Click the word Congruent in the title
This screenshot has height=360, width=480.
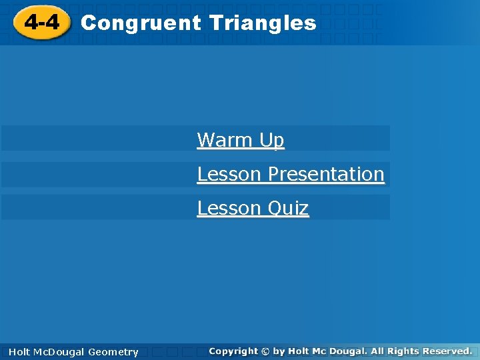(x=140, y=23)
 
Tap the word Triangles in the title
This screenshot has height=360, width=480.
(x=262, y=23)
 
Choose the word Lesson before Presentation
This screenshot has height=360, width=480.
(x=229, y=174)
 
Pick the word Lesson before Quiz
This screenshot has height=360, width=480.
(x=229, y=208)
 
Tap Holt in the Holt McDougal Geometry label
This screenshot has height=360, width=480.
(x=20, y=352)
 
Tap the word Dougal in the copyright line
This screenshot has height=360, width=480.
(x=347, y=351)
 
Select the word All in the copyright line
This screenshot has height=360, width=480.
(x=377, y=351)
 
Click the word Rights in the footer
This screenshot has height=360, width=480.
(x=405, y=351)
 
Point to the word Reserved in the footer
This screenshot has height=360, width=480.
(x=449, y=351)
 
